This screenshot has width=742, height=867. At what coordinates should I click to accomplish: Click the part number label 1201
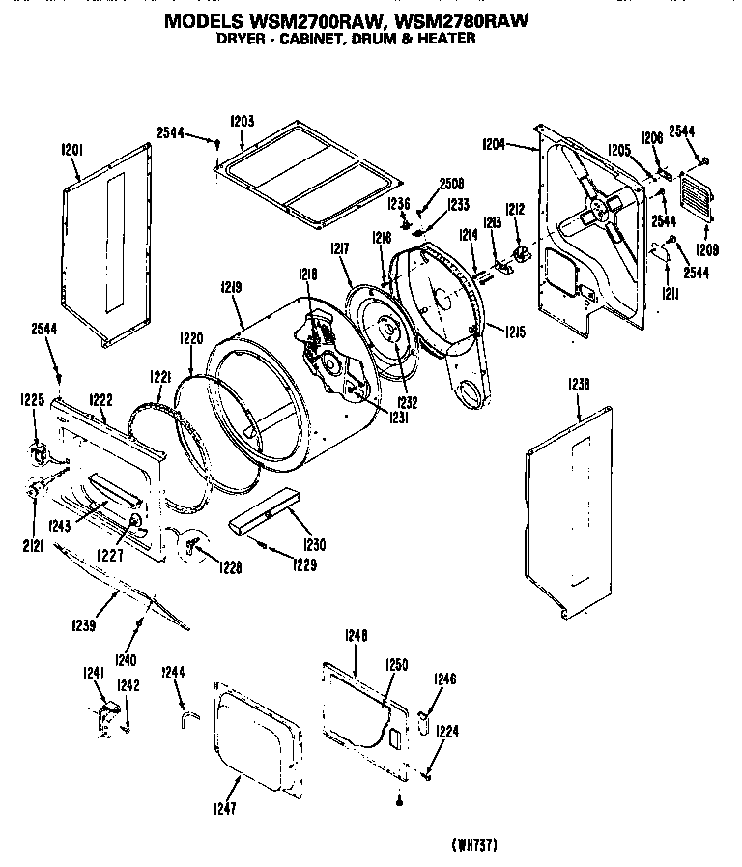coord(73,150)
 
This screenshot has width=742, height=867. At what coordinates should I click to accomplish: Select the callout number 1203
coord(242,121)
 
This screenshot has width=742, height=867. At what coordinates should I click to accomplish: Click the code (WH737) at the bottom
coord(473,845)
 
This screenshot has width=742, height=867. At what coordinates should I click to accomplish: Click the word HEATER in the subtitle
coord(443,40)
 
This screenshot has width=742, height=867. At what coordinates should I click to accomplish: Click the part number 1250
coord(396,664)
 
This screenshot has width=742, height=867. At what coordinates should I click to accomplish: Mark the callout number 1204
coord(494,144)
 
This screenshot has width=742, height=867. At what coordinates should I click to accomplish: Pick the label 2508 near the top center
coord(451,184)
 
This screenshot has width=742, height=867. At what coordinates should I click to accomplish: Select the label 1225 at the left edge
coord(33,398)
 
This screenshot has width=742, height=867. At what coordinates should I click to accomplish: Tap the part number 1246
coord(444,679)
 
